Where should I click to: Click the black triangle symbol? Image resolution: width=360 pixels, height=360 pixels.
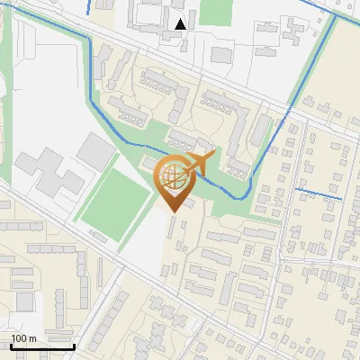click(181, 23)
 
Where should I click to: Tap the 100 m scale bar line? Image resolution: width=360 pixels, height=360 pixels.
click(41, 346)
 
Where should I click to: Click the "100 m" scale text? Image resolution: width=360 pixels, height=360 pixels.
click(24, 337)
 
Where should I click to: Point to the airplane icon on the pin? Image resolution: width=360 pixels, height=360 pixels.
click(200, 163)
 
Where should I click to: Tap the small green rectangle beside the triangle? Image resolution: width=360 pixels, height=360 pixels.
click(215, 11)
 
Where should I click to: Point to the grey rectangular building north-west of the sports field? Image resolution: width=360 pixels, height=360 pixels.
click(94, 151)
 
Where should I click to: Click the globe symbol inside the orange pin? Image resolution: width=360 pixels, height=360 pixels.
click(175, 178)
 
